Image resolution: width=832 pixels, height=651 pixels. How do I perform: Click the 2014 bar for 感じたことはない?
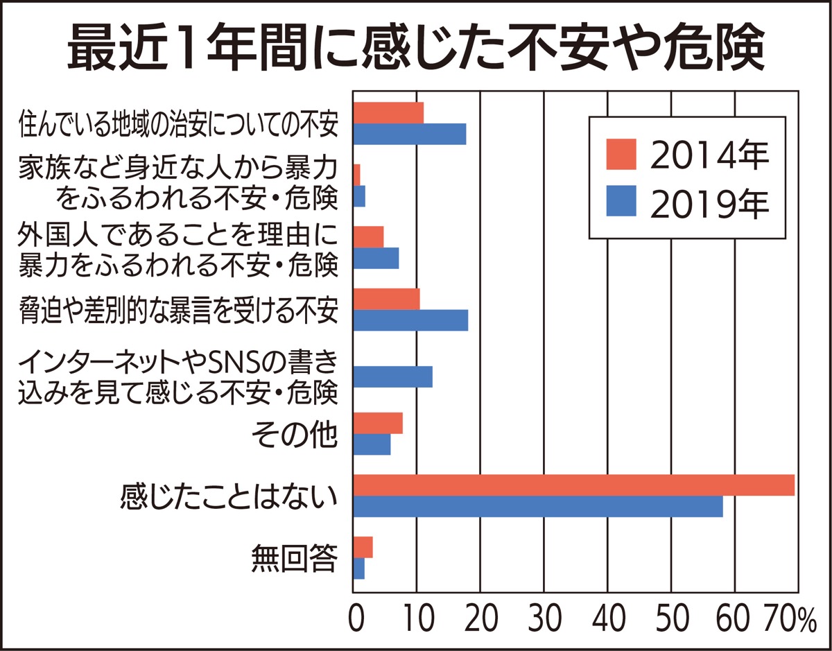click(x=573, y=485)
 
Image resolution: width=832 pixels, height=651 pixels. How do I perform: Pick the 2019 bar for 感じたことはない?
click(x=538, y=507)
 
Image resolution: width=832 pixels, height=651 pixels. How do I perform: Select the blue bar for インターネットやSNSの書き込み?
click(x=393, y=376)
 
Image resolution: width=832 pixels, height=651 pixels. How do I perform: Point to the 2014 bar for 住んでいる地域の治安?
click(x=388, y=112)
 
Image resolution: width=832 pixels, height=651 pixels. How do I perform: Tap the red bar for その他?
click(x=378, y=422)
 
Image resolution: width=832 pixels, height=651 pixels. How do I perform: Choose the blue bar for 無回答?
click(x=359, y=568)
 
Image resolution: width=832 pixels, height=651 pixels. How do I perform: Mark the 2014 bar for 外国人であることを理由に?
click(x=368, y=236)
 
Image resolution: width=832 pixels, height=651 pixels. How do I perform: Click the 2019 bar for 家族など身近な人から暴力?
click(x=359, y=196)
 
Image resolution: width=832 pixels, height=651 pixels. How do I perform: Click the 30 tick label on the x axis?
click(x=544, y=618)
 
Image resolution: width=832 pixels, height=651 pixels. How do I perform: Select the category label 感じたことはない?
click(x=229, y=496)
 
